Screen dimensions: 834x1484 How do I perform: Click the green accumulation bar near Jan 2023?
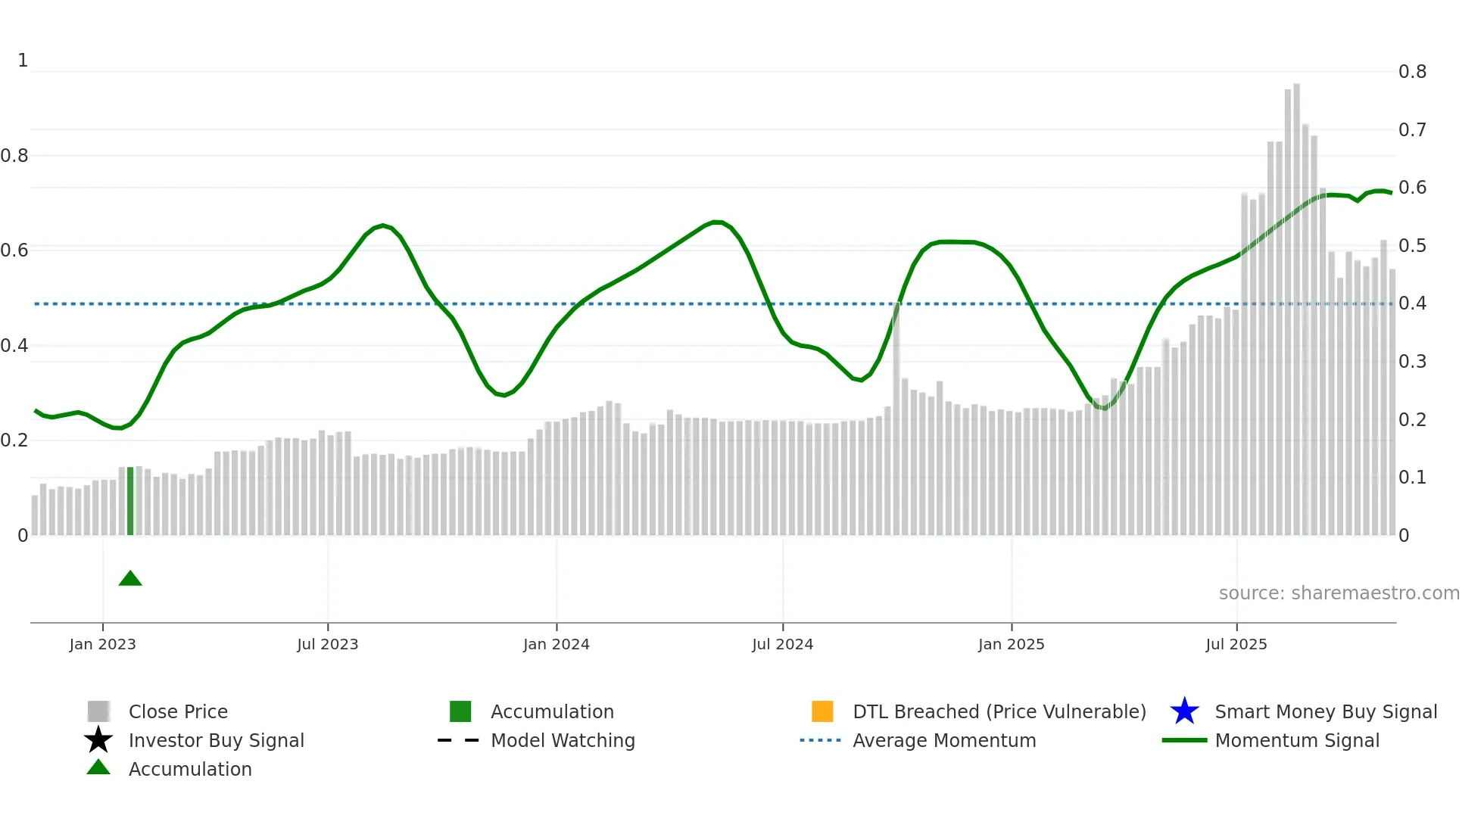coord(130,501)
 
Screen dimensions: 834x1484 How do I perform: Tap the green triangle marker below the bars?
coord(130,579)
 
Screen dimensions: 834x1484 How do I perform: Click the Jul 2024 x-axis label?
coord(782,644)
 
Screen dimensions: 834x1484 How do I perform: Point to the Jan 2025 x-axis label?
coord(1011,644)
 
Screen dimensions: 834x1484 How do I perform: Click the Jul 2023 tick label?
coord(327,644)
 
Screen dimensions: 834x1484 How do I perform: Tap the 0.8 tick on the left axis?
coord(14,156)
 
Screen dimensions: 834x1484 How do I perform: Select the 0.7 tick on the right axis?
coord(1412,130)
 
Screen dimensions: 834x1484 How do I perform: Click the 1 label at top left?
coord(23,61)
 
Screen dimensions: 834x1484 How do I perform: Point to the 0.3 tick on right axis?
coord(1412,362)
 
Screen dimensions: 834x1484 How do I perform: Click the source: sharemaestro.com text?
coord(1339,593)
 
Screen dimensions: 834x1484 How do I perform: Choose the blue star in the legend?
coord(1184,711)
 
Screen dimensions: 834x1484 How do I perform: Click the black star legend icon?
coord(98,740)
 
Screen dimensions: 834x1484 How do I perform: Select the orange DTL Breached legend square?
coord(822,711)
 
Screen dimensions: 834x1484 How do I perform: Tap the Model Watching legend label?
coord(563,740)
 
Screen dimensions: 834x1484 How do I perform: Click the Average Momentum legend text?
coord(944,740)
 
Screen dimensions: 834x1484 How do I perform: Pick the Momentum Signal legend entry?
coord(1297,740)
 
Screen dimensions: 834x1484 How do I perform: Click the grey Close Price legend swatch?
coord(98,711)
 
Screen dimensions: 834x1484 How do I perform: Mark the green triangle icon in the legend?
coord(98,767)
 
